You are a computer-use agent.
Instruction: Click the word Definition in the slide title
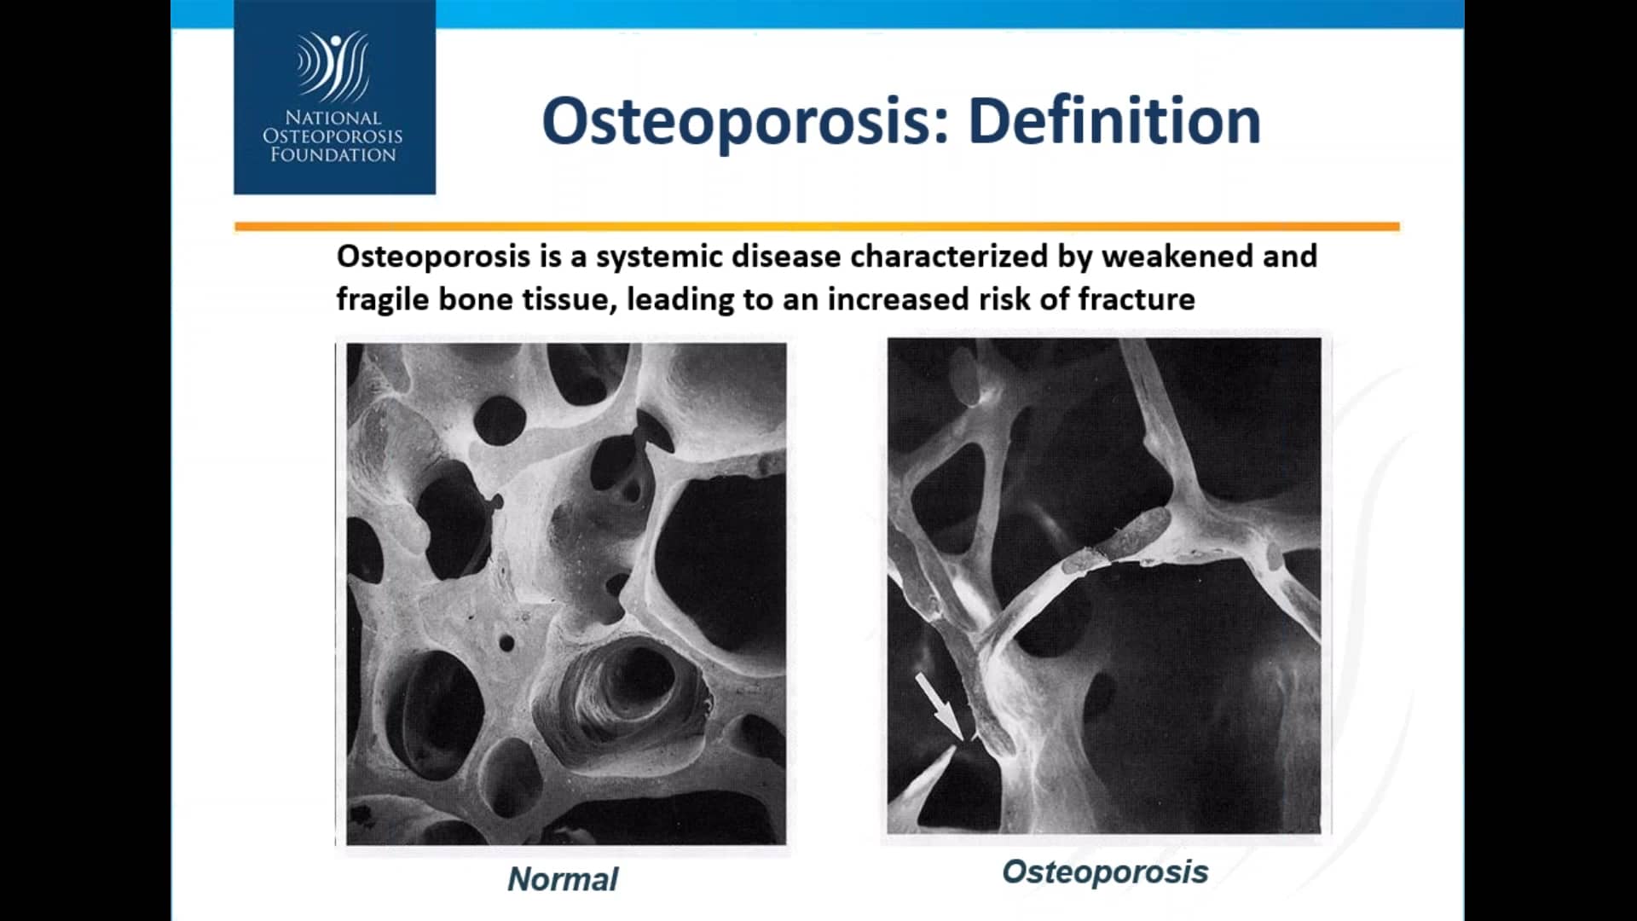1114,121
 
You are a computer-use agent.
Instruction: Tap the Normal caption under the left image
563,879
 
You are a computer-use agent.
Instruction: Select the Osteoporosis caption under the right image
1105,872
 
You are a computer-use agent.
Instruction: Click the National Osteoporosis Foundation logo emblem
333,66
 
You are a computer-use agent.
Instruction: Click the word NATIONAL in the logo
333,118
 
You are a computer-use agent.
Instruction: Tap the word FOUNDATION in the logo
333,154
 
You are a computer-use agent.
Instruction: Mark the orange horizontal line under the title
817,227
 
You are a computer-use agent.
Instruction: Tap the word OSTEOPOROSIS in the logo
333,136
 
